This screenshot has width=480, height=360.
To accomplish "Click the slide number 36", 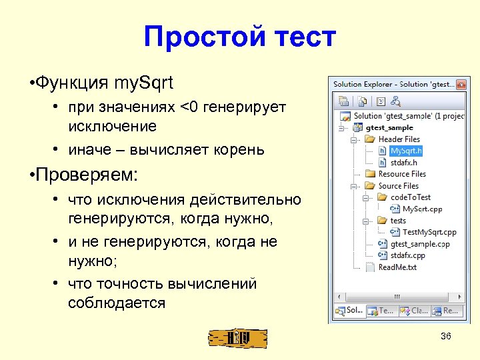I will [446, 336].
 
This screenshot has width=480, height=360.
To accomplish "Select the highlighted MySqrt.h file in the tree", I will [406, 151].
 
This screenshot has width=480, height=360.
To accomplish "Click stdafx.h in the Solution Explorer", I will [404, 162].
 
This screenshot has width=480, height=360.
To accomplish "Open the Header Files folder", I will [399, 139].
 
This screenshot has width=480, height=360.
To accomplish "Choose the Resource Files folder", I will [402, 174].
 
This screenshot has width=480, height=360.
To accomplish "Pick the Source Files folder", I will [398, 186].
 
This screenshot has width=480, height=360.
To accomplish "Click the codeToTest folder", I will [410, 197].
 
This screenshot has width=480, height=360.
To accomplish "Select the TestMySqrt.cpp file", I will [429, 232].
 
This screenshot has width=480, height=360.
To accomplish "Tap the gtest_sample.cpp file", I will [420, 244].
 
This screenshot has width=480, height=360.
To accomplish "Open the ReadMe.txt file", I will [397, 267].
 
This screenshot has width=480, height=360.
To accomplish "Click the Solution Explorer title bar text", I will [394, 85].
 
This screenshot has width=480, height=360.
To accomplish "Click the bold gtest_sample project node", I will [389, 127].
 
